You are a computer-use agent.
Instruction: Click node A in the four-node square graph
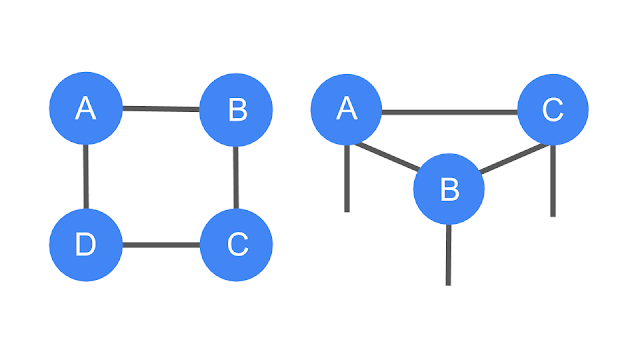86,108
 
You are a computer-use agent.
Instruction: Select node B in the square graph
236,110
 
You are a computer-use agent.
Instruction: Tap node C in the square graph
236,245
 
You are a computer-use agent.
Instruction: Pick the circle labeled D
86,245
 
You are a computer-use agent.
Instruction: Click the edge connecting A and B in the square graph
161,109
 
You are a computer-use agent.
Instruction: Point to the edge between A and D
86,177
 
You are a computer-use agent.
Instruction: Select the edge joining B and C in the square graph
236,178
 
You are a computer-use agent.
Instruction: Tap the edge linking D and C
161,245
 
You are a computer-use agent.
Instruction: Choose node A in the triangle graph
347,109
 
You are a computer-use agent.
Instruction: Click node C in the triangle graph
553,109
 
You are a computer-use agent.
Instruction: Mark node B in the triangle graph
449,189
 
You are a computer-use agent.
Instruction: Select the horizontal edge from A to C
450,112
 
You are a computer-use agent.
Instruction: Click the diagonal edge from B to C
514,158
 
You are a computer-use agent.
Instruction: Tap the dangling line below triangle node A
347,178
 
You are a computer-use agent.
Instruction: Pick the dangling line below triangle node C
553,181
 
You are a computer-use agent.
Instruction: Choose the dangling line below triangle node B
449,255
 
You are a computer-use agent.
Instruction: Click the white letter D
86,245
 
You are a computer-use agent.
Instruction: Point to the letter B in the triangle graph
450,189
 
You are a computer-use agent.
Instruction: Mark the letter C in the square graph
238,244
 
